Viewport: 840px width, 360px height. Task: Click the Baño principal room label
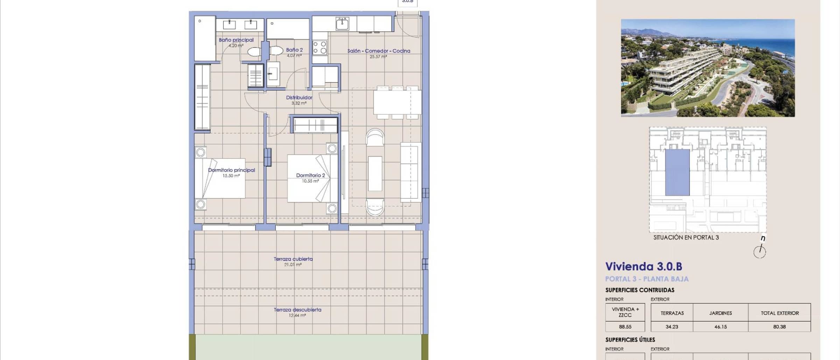coord(236,40)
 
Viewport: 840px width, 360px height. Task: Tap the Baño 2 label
coord(294,50)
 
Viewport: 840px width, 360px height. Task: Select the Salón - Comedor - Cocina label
coord(379,51)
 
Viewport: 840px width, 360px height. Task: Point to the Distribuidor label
coord(299,98)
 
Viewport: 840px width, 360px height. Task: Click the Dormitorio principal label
coord(231,170)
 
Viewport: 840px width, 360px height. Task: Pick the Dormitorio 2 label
coord(310,175)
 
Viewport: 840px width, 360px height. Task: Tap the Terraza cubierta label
coord(293,259)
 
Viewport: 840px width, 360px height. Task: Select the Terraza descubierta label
coord(297,310)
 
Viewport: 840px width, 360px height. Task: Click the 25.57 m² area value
coord(378,56)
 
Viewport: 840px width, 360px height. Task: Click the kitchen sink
coord(342,23)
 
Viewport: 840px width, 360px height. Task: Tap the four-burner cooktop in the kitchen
coord(320,48)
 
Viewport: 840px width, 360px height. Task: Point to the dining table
coord(397,102)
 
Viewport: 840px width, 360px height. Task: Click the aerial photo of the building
coord(708,68)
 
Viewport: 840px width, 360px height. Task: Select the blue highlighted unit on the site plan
coord(677,172)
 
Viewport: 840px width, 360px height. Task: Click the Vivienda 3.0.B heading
coord(644,267)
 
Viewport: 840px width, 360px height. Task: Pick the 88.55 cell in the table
coord(625,327)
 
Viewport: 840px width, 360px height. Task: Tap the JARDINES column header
coord(721,313)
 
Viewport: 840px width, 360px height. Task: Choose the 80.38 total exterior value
coord(779,327)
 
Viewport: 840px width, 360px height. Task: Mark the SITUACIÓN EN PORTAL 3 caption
coord(686,238)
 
